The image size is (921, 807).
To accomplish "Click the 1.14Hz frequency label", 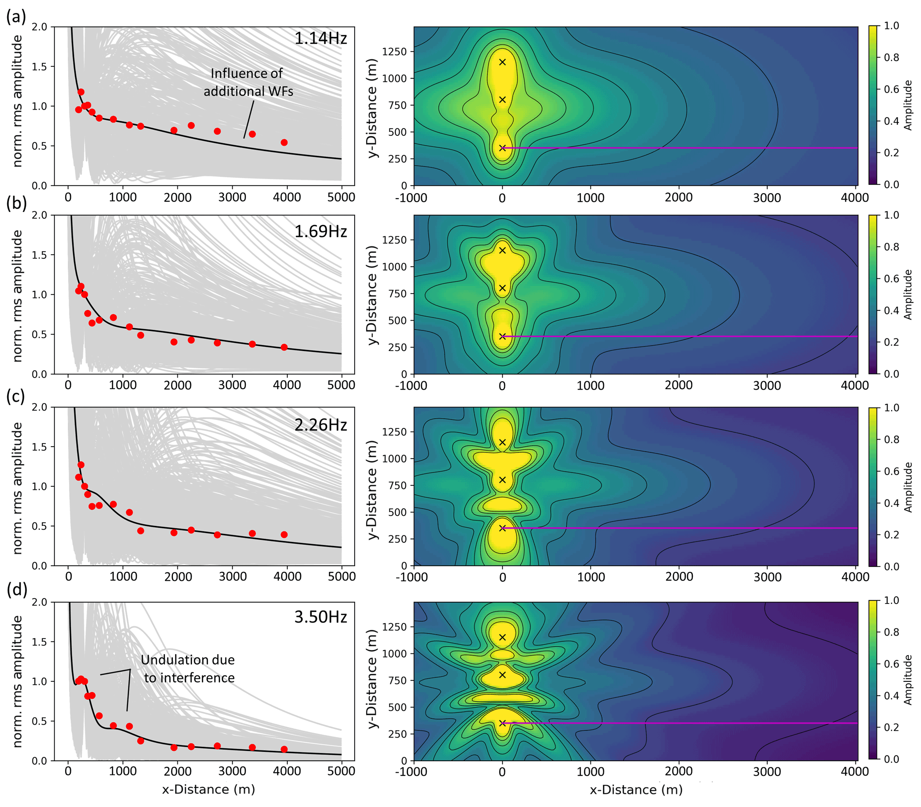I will pyautogui.click(x=320, y=38).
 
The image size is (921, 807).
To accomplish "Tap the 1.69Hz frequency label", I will pyautogui.click(x=320, y=231).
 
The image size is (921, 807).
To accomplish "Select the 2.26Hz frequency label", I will pyautogui.click(x=320, y=425).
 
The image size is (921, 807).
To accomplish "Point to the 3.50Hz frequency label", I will pyautogui.click(x=320, y=616).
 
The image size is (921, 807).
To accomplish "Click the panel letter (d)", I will pyautogui.click(x=16, y=589).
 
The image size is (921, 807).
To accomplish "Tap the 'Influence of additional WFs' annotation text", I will pyautogui.click(x=248, y=82).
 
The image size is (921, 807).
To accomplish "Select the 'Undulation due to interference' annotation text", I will pyautogui.click(x=188, y=669).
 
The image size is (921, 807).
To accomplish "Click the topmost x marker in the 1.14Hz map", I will pyautogui.click(x=503, y=62).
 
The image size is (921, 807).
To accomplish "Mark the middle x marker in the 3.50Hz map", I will pyautogui.click(x=503, y=675).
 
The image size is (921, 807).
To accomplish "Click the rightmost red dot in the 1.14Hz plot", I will pyautogui.click(x=284, y=143).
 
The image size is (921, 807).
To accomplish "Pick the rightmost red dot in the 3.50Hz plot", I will pyautogui.click(x=284, y=750).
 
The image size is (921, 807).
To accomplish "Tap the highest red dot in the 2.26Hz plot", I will pyautogui.click(x=81, y=465).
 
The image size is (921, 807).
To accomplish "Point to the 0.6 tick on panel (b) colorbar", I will pyautogui.click(x=892, y=279).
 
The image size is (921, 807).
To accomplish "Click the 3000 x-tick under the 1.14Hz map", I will pyautogui.click(x=767, y=197).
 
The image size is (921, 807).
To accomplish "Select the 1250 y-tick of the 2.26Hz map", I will pyautogui.click(x=394, y=432).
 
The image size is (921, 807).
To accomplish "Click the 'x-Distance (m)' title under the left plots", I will pyautogui.click(x=209, y=790).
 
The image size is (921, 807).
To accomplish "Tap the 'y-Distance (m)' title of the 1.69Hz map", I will pyautogui.click(x=372, y=295).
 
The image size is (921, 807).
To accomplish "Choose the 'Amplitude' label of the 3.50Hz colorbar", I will pyautogui.click(x=909, y=680).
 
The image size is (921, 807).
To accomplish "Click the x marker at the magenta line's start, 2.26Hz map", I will pyautogui.click(x=503, y=528).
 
